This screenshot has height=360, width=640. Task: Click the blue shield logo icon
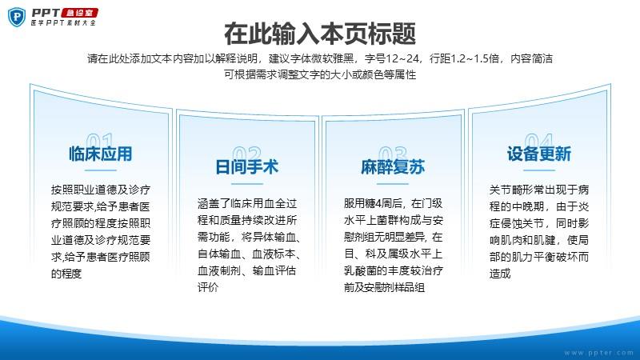pyautogui.click(x=17, y=17)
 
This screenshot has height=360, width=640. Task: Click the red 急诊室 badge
pyautogui.click(x=80, y=13)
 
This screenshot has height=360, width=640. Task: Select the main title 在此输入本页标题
pyautogui.click(x=320, y=34)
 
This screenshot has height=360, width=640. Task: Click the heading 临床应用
pyautogui.click(x=101, y=154)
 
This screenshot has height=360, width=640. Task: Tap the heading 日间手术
pyautogui.click(x=246, y=167)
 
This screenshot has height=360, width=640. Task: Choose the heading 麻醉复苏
pyautogui.click(x=393, y=167)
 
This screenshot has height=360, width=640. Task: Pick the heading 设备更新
pyautogui.click(x=538, y=154)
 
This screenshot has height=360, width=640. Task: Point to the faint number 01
pyautogui.click(x=100, y=139)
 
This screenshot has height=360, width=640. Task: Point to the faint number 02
pyautogui.click(x=246, y=153)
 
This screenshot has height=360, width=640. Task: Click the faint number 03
pyautogui.click(x=393, y=153)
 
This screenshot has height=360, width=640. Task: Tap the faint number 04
pyautogui.click(x=538, y=139)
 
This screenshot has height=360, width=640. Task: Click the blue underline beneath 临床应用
pyautogui.click(x=101, y=170)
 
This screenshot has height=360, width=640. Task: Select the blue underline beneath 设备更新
pyautogui.click(x=538, y=170)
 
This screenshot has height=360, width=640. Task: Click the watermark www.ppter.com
pyautogui.click(x=598, y=353)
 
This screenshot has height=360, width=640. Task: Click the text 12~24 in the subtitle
pyautogui.click(x=402, y=58)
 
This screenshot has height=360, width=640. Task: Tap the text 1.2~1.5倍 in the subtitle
pyautogui.click(x=473, y=58)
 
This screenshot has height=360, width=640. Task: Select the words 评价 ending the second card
pyautogui.click(x=208, y=287)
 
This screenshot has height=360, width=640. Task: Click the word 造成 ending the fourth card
pyautogui.click(x=500, y=274)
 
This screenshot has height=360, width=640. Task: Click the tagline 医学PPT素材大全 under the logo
pyautogui.click(x=63, y=23)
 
